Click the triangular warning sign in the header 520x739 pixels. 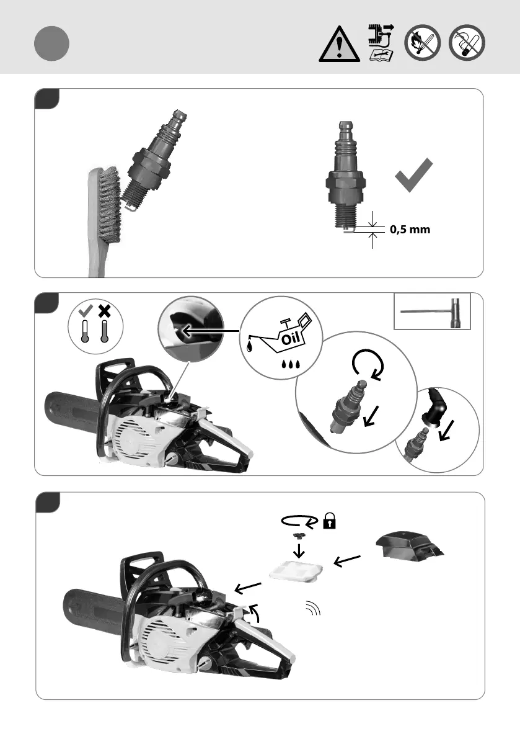pos(339,45)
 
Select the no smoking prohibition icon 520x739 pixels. pos(467,45)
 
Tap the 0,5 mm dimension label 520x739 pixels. pos(410,229)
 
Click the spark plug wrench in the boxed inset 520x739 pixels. pos(433,313)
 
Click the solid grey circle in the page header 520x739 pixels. pos(51,44)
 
